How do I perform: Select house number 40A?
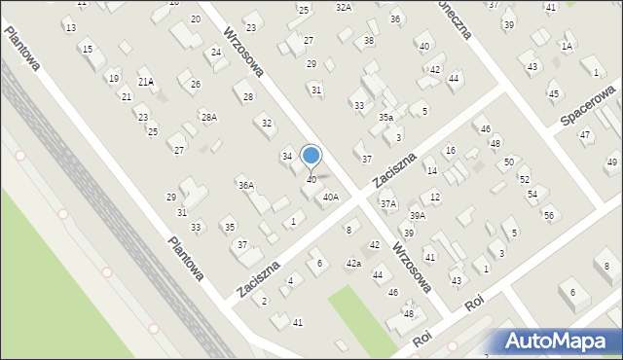coord(331,198)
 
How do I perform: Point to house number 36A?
coord(246,185)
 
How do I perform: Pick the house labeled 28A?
coord(208,117)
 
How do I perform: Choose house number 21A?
coord(145,82)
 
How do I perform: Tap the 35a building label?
coord(386,117)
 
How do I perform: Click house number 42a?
coord(354,264)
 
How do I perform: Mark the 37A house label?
coord(388,203)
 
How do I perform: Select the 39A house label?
coord(417,215)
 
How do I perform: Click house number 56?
coord(549,215)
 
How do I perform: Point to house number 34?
coord(287,156)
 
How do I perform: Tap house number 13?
coord(70,27)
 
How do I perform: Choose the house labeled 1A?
coord(567,46)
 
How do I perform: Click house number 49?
coord(611,162)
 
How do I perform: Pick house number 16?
coord(450,150)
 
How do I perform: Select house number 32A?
coord(343,7)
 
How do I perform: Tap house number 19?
coord(114,79)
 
